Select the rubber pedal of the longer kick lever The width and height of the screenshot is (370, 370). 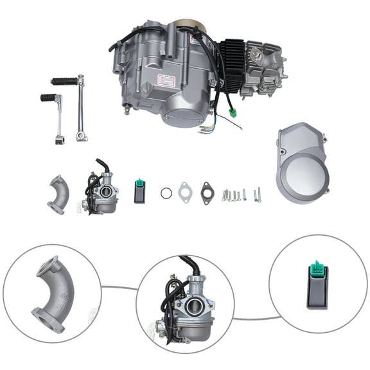pos(64,82)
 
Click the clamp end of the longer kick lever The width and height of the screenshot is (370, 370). pos(82,136)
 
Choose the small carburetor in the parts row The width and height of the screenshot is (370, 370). pos(101,189)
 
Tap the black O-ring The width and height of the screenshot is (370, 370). pos(166,193)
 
